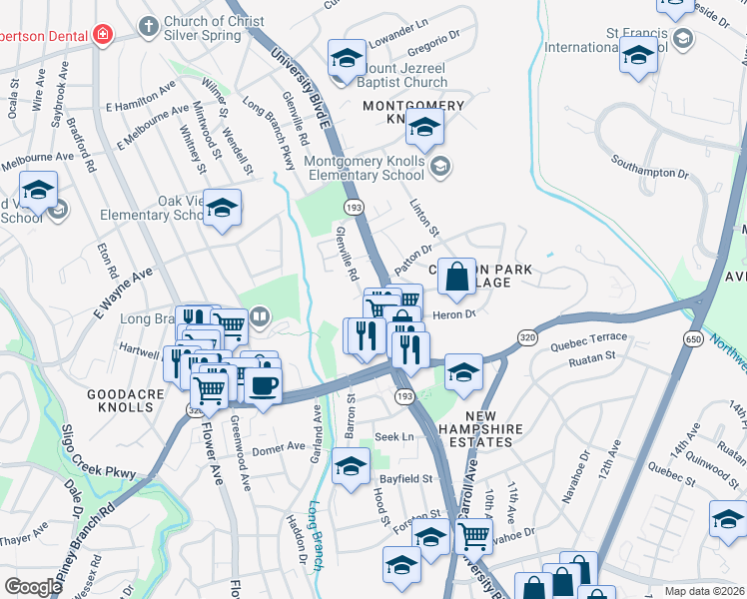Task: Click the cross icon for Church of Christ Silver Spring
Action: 149,25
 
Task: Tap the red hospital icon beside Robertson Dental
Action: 101,35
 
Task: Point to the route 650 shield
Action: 692,339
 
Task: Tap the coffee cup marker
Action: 263,385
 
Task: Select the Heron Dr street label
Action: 453,314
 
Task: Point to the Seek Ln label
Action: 393,437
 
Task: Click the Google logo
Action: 33,586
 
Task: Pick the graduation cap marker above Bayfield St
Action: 351,465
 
